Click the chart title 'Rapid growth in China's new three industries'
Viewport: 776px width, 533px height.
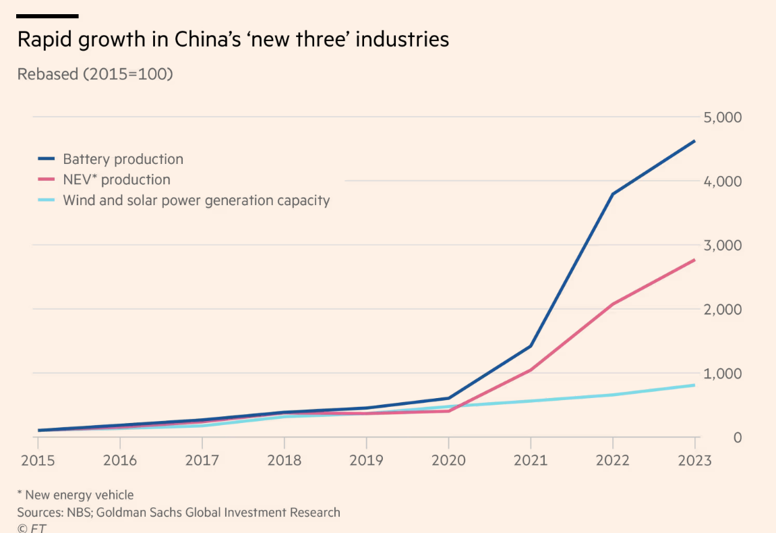[x=233, y=39]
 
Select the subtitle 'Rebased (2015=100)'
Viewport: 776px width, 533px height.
[x=95, y=74]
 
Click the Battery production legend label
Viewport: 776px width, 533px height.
[x=123, y=159]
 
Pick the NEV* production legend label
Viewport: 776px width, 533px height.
[x=116, y=179]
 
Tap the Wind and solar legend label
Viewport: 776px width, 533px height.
[x=196, y=200]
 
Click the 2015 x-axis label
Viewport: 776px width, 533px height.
[x=38, y=460]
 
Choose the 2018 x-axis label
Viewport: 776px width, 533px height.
[x=284, y=460]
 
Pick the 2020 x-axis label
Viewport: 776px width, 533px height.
[x=448, y=460]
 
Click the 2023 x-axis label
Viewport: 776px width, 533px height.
[x=694, y=460]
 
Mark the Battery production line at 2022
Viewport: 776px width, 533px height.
[x=613, y=194]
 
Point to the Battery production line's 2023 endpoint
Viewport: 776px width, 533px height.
[x=694, y=141]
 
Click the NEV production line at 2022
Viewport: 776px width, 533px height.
[x=613, y=304]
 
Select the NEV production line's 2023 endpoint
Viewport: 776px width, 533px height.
[x=694, y=260]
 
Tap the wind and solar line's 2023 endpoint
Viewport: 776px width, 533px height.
[x=694, y=385]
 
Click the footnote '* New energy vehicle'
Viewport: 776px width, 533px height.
[x=76, y=495]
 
